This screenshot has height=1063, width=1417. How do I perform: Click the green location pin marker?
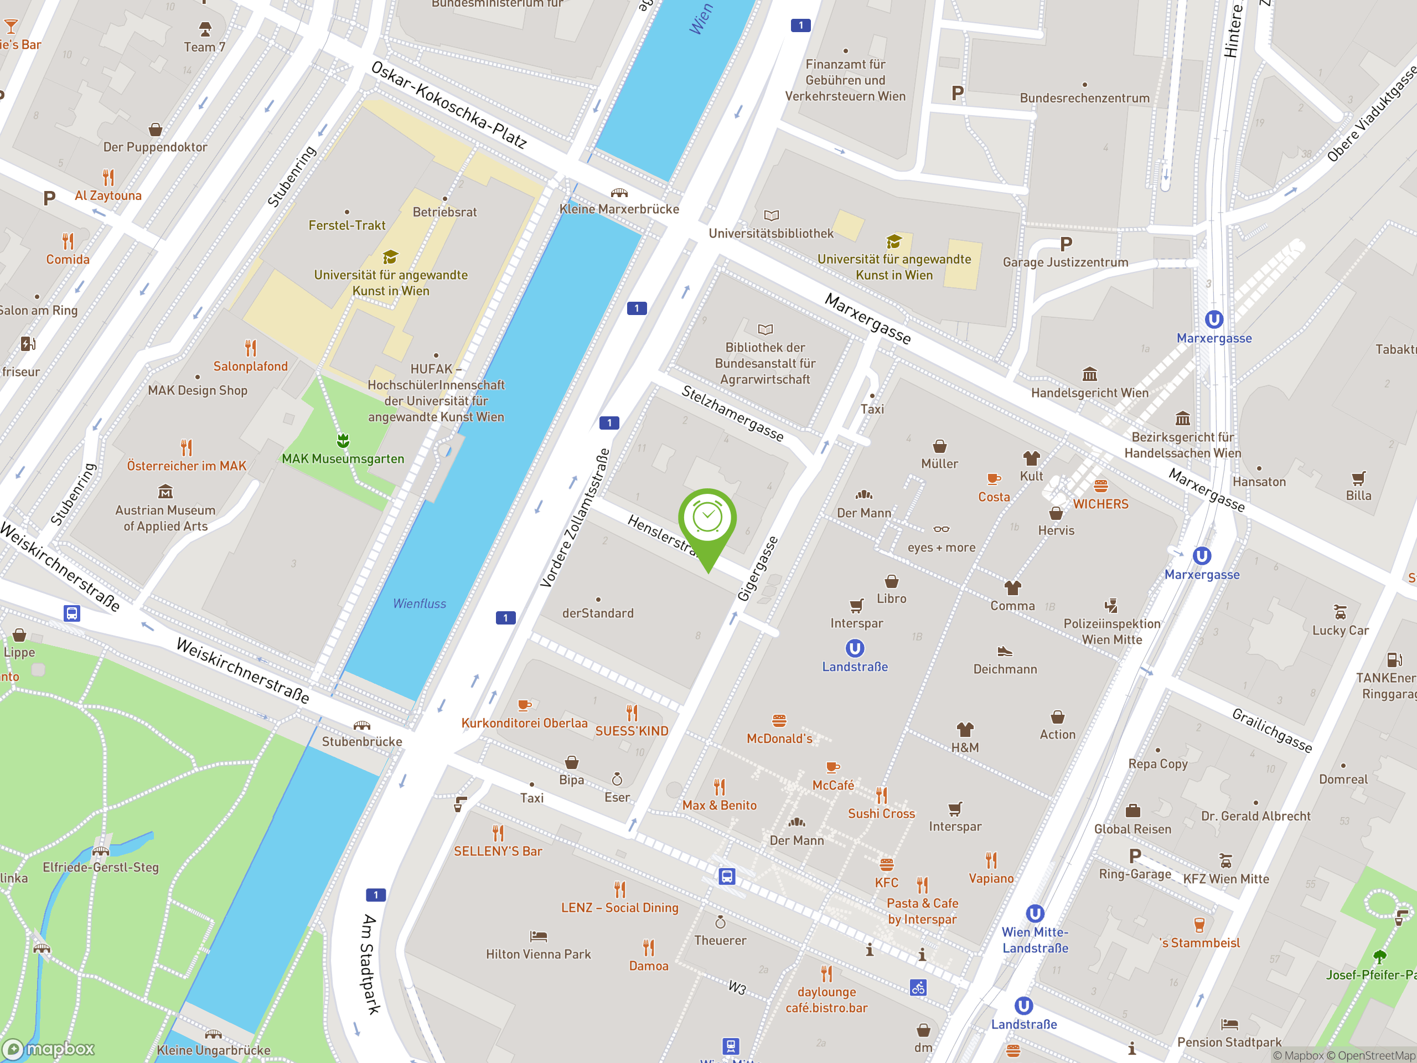coord(707,519)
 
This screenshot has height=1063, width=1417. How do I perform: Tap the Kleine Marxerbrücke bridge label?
coord(619,209)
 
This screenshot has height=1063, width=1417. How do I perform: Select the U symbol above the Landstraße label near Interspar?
coord(855,648)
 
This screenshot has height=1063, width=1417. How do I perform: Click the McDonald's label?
coord(779,738)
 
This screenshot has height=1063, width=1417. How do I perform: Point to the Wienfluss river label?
coord(419,603)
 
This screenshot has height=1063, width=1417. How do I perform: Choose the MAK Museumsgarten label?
coord(343,459)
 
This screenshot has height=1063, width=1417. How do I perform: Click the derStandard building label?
coord(598,613)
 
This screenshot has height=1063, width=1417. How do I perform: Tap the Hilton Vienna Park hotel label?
coord(538,954)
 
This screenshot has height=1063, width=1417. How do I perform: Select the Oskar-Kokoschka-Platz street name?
coord(448,105)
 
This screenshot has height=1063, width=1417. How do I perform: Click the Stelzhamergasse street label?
coord(732,413)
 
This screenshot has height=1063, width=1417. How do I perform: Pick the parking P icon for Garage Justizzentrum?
coord(1066,244)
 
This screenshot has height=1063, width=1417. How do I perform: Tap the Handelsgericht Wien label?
coord(1090,393)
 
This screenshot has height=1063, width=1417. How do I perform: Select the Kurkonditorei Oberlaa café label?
coord(524,723)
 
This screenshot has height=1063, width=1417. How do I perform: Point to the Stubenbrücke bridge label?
coord(362,741)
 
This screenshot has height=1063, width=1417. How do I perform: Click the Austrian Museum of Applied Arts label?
coord(166,518)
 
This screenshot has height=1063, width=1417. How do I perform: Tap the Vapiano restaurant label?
coord(991,879)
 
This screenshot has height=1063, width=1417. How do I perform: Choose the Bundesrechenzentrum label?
coord(1084,98)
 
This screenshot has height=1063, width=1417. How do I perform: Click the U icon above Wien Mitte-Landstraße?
coord(1035,913)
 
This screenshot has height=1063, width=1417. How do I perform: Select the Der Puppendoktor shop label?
coord(155,147)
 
